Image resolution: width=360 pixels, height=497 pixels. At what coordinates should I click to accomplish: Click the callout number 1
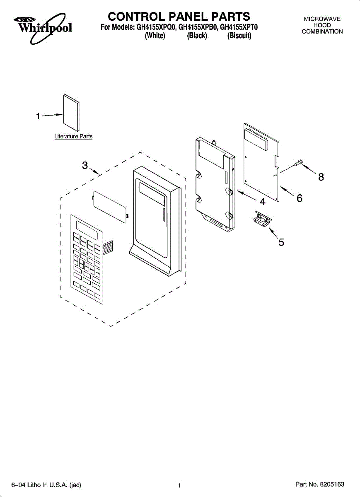[38, 117]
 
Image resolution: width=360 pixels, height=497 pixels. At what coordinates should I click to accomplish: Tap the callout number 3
[85, 165]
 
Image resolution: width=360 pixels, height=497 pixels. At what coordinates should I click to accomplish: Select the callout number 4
[262, 202]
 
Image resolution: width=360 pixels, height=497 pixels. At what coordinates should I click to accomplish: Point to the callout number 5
[281, 242]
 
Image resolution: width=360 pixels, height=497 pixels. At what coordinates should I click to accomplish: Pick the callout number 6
[299, 198]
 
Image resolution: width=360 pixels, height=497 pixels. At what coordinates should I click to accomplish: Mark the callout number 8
[321, 177]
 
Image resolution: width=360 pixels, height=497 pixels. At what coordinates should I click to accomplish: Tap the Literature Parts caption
[73, 136]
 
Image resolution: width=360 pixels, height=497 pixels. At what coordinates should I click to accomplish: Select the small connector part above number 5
[261, 218]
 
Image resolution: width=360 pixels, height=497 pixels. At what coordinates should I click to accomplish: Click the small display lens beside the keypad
[109, 206]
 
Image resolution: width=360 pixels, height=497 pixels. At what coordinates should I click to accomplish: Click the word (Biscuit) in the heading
[239, 36]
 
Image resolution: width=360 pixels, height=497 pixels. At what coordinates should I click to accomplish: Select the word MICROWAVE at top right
[322, 19]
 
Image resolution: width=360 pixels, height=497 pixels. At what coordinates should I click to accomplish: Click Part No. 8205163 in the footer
[319, 484]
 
